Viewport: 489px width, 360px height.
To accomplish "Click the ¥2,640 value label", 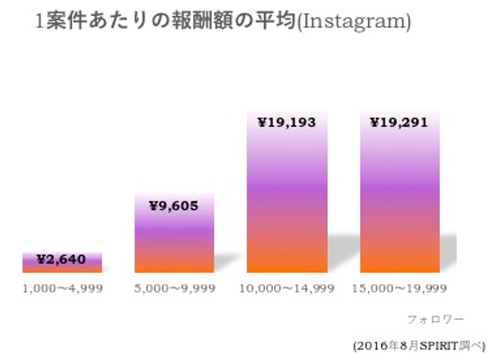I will pyautogui.click(x=61, y=259).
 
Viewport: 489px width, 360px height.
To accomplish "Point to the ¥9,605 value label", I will pyautogui.click(x=174, y=206).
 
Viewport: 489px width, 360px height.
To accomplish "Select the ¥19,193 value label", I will pyautogui.click(x=287, y=123).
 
